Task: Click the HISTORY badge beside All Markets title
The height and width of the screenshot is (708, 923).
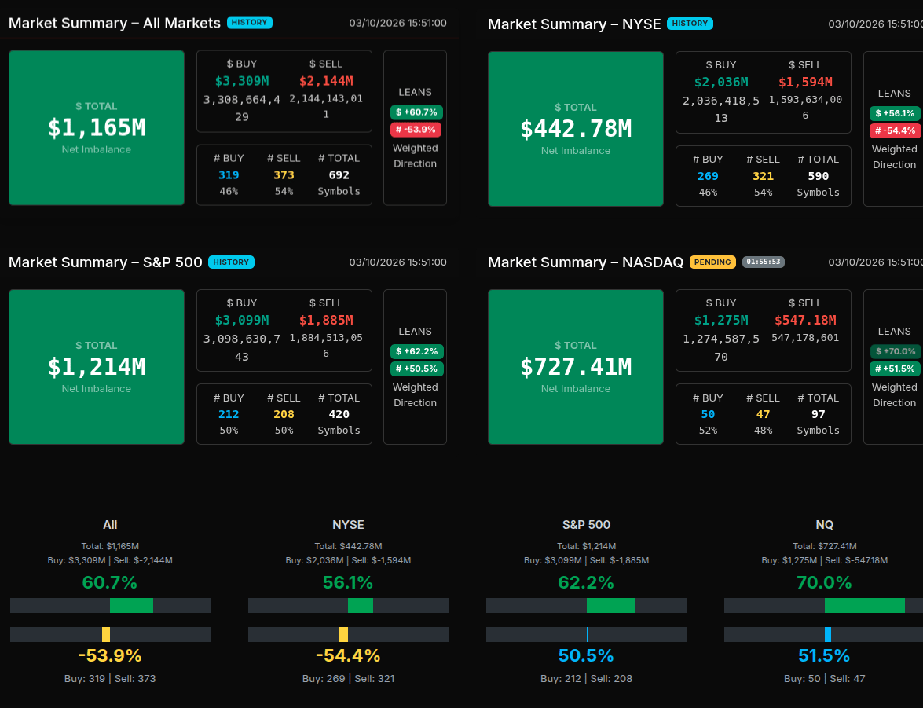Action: click(x=250, y=23)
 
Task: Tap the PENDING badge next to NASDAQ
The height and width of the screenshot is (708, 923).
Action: click(x=712, y=262)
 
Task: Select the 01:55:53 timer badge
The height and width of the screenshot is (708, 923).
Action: click(x=764, y=262)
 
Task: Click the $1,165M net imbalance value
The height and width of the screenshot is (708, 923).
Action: click(x=97, y=127)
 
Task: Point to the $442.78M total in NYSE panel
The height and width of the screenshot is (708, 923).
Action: click(x=576, y=128)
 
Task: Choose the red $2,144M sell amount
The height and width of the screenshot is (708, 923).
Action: click(x=326, y=81)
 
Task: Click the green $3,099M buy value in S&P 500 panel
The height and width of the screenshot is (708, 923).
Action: click(x=242, y=320)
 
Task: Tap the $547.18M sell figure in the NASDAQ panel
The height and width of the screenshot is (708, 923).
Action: click(x=805, y=320)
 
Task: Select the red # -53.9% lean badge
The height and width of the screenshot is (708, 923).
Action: click(x=416, y=130)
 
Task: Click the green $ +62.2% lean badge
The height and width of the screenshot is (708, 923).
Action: click(x=416, y=351)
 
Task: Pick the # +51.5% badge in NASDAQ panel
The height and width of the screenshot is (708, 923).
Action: click(x=895, y=369)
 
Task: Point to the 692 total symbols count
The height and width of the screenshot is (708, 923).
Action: click(x=339, y=175)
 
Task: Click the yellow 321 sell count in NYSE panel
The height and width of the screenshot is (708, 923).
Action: click(x=763, y=176)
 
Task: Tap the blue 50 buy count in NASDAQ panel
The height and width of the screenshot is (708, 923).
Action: click(x=708, y=414)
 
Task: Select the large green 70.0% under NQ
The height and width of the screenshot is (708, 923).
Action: click(x=824, y=582)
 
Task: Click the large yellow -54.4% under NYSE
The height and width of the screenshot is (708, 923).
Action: click(x=348, y=655)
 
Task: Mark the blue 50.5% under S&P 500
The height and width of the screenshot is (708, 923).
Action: click(x=586, y=655)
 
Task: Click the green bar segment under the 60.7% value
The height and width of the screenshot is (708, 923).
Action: click(x=131, y=605)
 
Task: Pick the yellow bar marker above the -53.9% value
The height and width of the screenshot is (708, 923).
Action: click(x=106, y=634)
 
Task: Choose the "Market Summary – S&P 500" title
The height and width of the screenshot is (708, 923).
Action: click(x=105, y=262)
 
